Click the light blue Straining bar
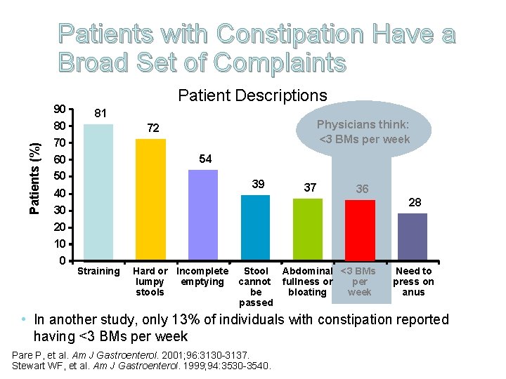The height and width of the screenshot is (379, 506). [98, 192]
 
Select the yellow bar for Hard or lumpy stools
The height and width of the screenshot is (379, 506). [150, 200]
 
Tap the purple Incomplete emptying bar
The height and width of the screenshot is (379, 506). [203, 215]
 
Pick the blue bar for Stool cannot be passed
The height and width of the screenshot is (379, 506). [255, 228]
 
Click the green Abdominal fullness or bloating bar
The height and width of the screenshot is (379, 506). [308, 230]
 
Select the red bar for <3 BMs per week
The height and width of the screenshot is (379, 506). [360, 230]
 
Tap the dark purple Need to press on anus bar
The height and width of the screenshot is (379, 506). [413, 237]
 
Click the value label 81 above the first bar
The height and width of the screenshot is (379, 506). [100, 113]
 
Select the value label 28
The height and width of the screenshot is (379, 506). [415, 202]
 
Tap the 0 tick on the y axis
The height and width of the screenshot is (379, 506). [63, 261]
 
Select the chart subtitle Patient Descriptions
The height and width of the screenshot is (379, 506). [252, 95]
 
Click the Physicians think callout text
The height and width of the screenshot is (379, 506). [363, 131]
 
